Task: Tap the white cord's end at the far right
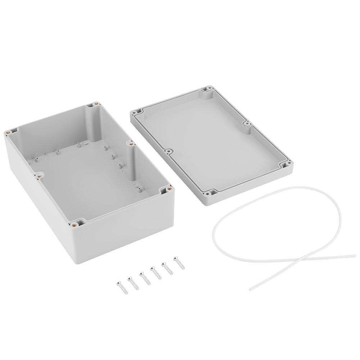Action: [x=355, y=256]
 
